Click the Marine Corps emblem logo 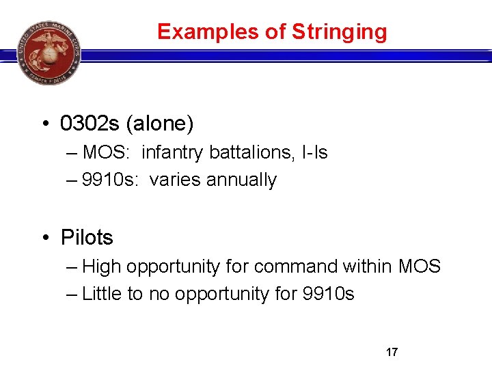click(x=49, y=52)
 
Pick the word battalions click(x=247, y=152)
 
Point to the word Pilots click(x=87, y=238)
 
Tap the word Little click(x=102, y=295)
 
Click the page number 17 click(x=392, y=353)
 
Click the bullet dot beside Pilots click(x=45, y=238)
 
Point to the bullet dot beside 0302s click(x=45, y=124)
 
